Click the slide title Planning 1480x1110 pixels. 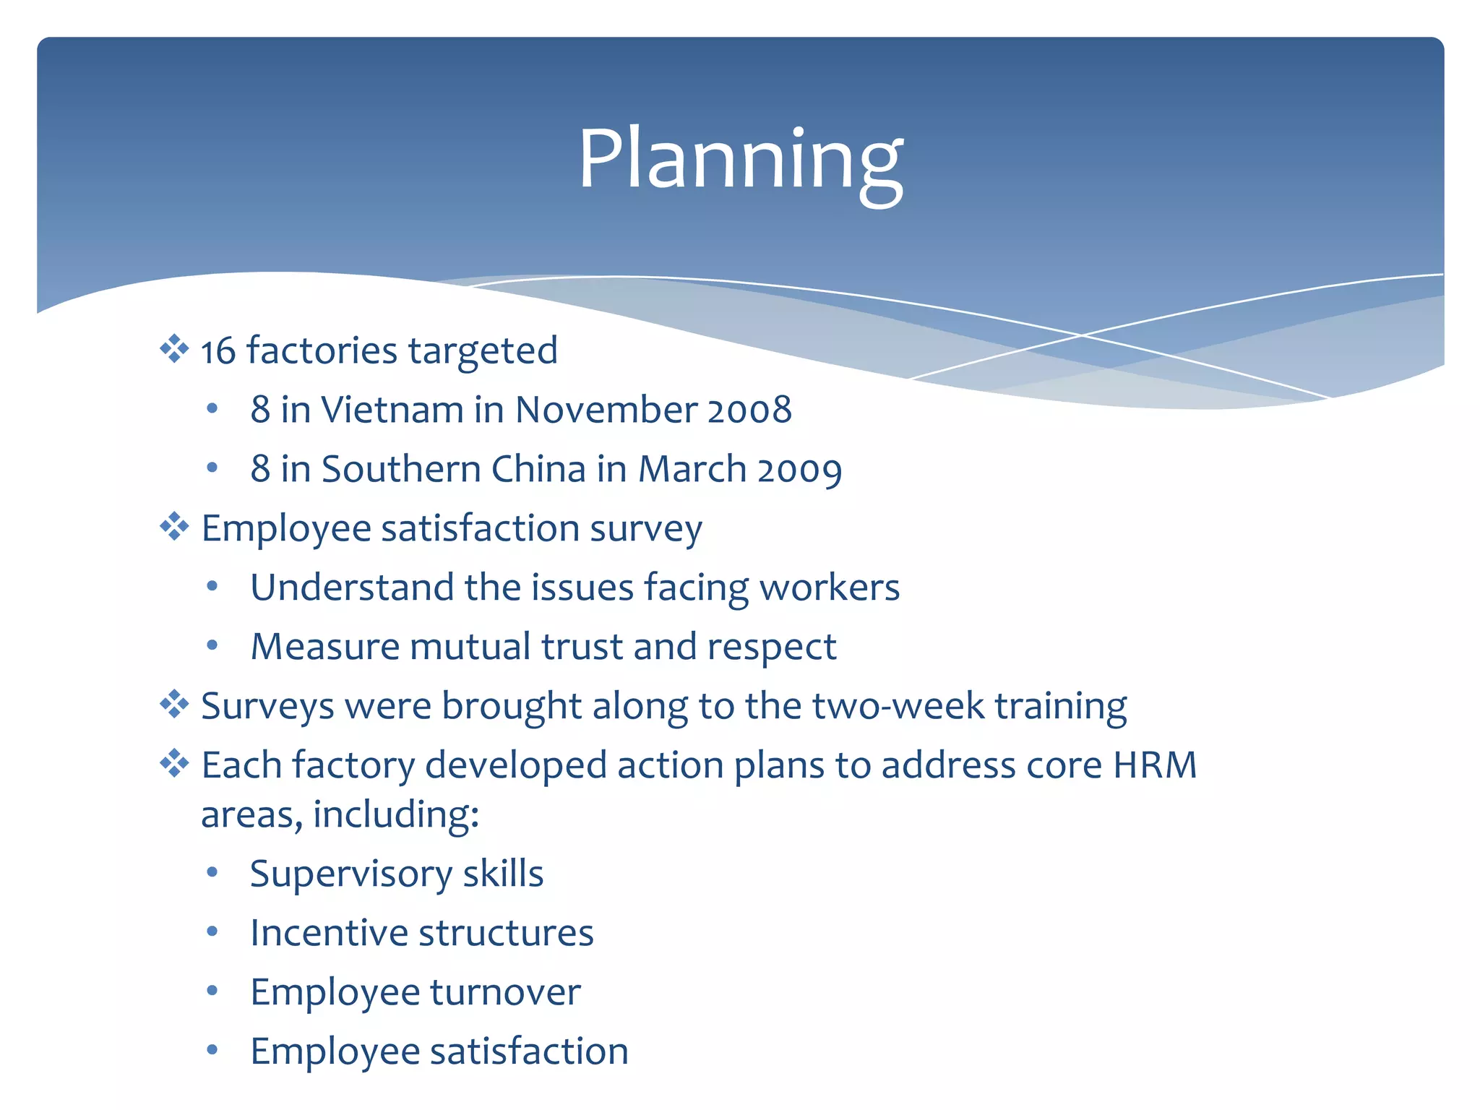740,160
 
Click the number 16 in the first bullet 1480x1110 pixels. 218,352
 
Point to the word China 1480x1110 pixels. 538,469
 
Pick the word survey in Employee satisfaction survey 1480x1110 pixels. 646,529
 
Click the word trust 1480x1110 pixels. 582,646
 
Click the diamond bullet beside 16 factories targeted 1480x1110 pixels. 174,349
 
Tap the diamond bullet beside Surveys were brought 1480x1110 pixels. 174,704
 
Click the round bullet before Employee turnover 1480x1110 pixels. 212,991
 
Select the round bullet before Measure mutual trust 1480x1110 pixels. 212,645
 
